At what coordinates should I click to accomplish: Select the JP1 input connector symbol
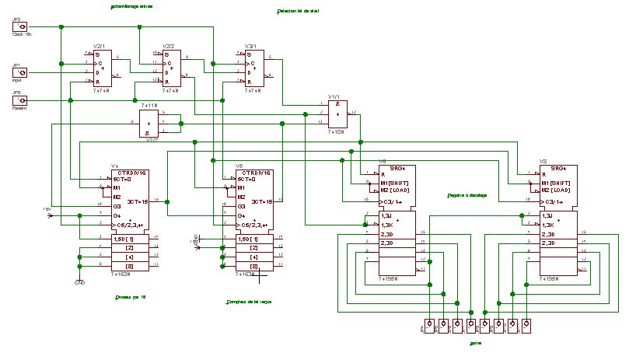tap(23, 72)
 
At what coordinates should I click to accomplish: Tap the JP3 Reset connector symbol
tap(23, 100)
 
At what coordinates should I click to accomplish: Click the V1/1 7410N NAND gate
tap(337, 114)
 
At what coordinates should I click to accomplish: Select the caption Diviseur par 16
tap(130, 296)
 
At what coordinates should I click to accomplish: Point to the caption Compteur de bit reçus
tap(248, 301)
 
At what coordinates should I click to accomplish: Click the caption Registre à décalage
tap(467, 195)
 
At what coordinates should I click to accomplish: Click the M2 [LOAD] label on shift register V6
tap(398, 190)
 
